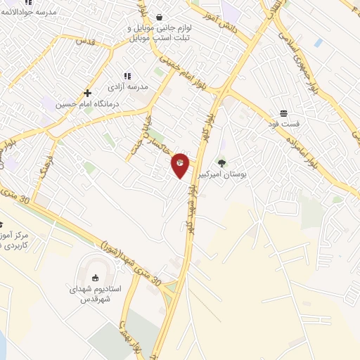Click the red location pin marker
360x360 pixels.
180,165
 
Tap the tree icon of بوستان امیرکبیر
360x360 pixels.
222,163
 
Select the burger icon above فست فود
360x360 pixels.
283,113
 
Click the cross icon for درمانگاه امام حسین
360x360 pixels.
87,93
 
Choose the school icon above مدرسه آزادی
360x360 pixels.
127,76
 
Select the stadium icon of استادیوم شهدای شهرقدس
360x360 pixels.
95,277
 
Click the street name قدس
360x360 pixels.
84,41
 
